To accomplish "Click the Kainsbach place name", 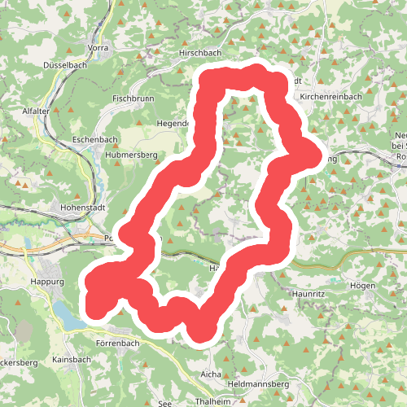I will (x=72, y=359).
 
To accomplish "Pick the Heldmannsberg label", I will (x=260, y=383).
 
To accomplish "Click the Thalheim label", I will (x=214, y=401).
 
